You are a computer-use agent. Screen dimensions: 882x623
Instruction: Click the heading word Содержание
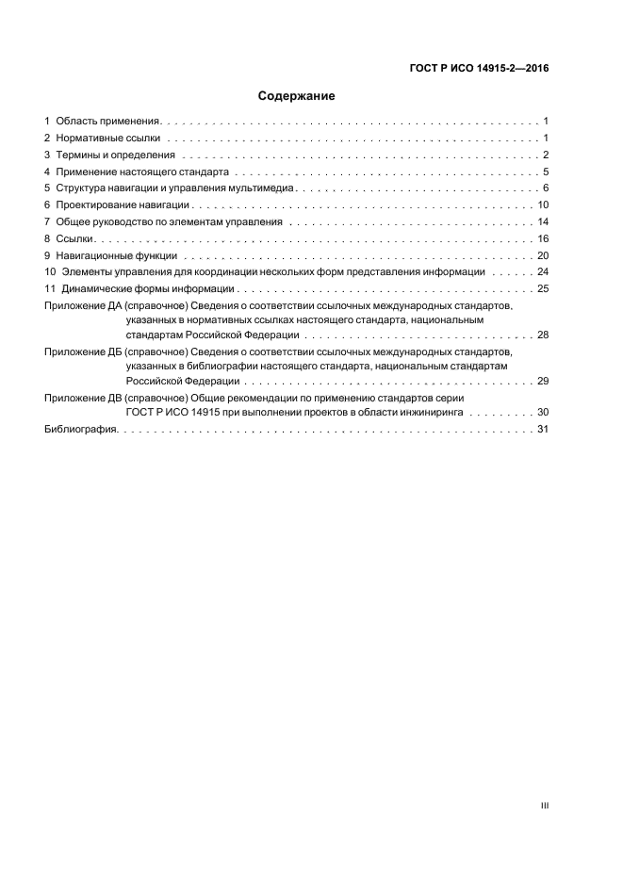point(296,96)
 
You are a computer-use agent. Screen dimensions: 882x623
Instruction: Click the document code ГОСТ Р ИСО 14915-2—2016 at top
point(479,68)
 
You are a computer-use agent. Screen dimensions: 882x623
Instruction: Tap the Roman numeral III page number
point(544,807)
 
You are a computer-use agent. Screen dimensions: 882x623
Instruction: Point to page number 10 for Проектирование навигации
point(542,205)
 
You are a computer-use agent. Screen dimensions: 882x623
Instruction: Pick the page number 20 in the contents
point(542,256)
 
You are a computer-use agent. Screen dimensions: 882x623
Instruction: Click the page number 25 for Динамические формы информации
point(542,289)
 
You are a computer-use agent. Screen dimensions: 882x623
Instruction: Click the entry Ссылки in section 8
point(74,239)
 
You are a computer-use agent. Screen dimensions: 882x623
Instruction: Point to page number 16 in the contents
point(542,239)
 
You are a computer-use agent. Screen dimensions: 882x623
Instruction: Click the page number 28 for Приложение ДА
point(542,335)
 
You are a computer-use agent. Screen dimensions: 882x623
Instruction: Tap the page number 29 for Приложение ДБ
point(542,382)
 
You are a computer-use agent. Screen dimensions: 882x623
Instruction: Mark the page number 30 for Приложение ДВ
point(542,413)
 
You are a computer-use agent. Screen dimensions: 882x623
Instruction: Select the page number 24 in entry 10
point(542,272)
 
